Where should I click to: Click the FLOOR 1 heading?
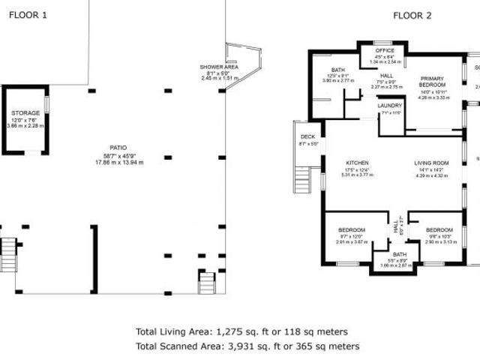tap(27, 15)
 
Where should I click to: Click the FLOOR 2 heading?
tap(412, 15)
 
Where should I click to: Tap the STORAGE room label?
tap(25, 113)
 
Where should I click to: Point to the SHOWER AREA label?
tap(219, 67)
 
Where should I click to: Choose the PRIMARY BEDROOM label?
tap(432, 82)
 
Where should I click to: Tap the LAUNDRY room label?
tap(390, 106)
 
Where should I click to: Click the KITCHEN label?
tap(357, 163)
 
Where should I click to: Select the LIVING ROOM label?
tap(431, 163)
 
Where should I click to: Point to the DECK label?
tap(308, 136)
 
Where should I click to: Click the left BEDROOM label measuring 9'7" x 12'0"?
tap(351, 229)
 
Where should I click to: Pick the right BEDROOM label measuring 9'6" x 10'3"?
tap(439, 229)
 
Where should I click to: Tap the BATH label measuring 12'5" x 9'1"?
tap(335, 70)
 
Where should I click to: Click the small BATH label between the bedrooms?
tap(398, 254)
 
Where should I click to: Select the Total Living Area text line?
tap(241, 331)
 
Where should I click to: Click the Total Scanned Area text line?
tap(247, 346)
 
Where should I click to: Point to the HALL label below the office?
tap(387, 76)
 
